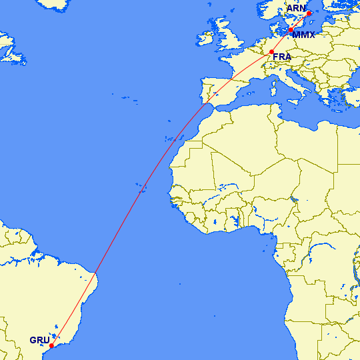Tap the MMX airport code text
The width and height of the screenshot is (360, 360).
(x=303, y=35)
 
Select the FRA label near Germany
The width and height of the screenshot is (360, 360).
(x=282, y=57)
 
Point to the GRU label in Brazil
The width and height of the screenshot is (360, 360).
(x=39, y=340)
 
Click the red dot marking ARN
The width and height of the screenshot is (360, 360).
(x=309, y=13)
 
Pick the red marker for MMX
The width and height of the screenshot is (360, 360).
(x=291, y=30)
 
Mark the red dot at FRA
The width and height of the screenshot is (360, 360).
(x=271, y=52)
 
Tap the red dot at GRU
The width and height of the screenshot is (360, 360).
(x=51, y=345)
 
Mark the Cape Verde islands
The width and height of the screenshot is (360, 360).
(x=142, y=187)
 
